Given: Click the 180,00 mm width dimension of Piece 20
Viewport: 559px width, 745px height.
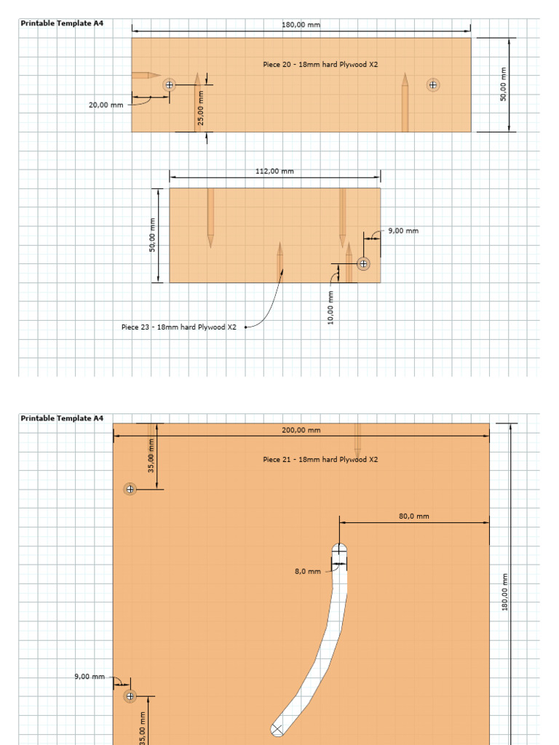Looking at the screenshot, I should (x=301, y=25).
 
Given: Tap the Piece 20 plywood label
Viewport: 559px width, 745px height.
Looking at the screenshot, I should (x=320, y=65).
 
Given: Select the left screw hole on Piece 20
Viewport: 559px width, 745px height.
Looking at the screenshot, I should (x=170, y=84).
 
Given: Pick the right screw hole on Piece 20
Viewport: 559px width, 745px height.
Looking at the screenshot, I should (x=433, y=85).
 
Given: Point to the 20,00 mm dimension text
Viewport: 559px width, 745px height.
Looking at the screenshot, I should (x=106, y=105).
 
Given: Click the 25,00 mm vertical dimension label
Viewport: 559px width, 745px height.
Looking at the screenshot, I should (x=202, y=107).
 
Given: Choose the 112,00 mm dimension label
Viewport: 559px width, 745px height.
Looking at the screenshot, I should (x=275, y=172).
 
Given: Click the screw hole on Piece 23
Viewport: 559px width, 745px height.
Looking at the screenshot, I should (x=363, y=263).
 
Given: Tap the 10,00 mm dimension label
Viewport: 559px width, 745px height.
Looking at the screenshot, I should (x=331, y=308).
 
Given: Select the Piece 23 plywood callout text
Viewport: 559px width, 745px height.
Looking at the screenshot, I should (x=178, y=327).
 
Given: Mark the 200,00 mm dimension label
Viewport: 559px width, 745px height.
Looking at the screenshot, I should (x=301, y=430).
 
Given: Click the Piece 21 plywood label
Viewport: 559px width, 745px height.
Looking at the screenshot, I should (x=320, y=460).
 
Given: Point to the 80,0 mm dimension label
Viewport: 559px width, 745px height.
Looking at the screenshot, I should (x=414, y=517).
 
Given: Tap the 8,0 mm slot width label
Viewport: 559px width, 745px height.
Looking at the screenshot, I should (x=308, y=572).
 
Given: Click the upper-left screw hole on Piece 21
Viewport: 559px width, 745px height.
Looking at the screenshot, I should (x=130, y=489).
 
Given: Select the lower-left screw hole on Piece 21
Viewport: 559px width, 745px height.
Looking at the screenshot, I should (x=130, y=696).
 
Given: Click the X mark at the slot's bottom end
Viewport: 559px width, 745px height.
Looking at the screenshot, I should (x=277, y=729).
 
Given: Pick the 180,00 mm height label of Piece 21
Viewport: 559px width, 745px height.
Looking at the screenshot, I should (x=504, y=591).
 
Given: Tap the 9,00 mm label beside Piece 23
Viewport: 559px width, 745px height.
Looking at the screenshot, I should (x=403, y=231).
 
